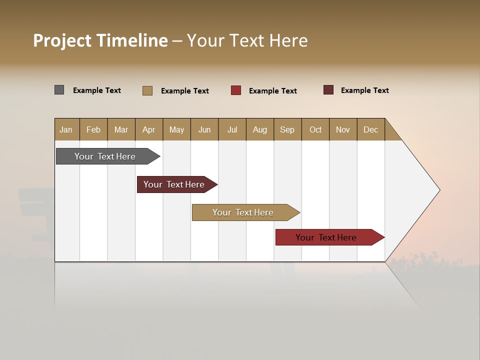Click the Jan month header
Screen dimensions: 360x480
pos(66,129)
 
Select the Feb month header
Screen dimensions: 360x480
pos(93,129)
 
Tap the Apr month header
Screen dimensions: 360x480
pos(149,129)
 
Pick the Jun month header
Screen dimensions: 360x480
pos(204,129)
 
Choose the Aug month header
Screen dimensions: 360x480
pos(260,129)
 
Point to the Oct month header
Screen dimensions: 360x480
pos(315,129)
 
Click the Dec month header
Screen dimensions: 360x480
pos(371,129)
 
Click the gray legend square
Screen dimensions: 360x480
pos(59,90)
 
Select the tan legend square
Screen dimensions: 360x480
pos(147,90)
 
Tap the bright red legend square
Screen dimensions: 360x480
pos(235,90)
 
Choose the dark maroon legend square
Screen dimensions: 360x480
pos(328,90)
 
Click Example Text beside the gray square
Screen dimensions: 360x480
pos(97,90)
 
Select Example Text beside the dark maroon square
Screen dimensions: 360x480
pos(364,90)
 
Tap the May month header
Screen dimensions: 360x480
pos(176,129)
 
